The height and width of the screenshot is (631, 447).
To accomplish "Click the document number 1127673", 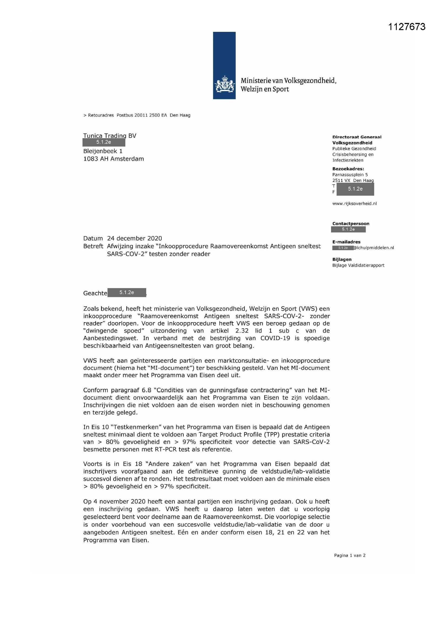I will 406,27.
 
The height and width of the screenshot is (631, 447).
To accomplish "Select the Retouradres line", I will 137,115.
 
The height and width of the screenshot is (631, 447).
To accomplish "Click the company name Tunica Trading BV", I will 109,135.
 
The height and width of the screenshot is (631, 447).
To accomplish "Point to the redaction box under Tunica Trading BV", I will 104,142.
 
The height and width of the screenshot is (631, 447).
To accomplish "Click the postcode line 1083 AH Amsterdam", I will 114,159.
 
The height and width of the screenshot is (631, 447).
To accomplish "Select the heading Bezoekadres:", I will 348,169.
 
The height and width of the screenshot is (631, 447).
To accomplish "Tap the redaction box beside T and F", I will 355,189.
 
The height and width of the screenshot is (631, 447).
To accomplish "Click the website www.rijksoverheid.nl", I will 354,203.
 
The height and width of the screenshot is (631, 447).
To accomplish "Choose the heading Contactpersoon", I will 351,223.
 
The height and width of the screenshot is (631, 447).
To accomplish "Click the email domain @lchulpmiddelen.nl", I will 373,247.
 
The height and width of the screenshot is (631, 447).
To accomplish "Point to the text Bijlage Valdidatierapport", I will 358,265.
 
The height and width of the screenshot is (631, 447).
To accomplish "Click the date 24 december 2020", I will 134,238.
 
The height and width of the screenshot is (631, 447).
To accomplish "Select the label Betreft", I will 93,246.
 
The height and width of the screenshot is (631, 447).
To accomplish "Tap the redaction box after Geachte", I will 126,292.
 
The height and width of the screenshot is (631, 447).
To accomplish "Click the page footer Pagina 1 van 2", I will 349,555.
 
